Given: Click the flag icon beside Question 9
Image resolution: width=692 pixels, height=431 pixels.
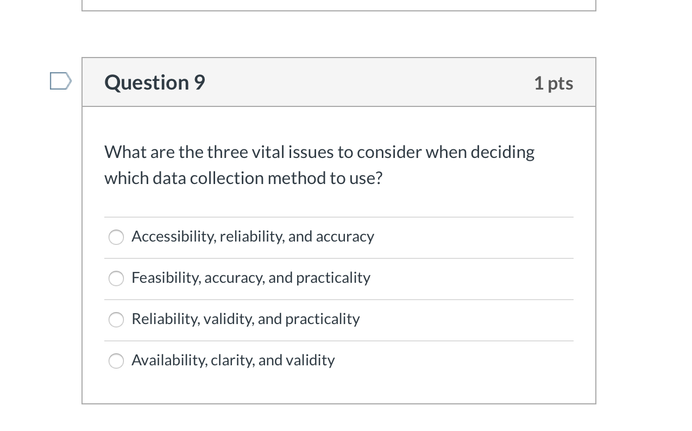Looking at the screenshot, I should [60, 81].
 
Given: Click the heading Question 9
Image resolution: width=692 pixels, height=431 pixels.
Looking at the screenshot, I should [155, 83].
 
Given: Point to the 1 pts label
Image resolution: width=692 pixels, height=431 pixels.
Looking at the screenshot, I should [553, 83].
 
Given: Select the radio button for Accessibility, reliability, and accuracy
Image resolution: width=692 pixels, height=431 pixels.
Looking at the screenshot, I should [116, 237].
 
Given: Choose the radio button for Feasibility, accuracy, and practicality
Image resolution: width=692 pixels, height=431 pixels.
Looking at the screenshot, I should [116, 278].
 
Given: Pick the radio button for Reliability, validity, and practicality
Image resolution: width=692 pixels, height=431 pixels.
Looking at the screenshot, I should [116, 320].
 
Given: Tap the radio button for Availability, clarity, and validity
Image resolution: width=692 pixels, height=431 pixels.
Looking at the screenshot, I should [116, 361].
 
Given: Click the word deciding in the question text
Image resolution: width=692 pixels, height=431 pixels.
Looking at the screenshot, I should [502, 153].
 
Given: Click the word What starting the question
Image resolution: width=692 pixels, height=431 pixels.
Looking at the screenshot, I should [125, 152].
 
